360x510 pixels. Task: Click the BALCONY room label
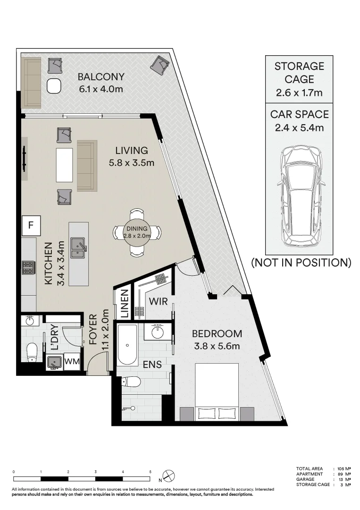tap(101, 77)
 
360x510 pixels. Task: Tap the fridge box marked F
tap(31, 225)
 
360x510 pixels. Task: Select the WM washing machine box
tap(71, 361)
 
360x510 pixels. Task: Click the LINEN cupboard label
tap(125, 304)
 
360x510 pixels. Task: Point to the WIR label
tap(158, 301)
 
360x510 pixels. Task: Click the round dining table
tap(137, 232)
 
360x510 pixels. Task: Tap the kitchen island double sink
tap(78, 247)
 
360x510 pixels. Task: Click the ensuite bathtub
tap(127, 345)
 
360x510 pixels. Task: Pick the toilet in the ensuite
tap(131, 381)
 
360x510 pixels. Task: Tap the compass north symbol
tap(169, 476)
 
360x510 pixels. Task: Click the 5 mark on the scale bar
tap(150, 472)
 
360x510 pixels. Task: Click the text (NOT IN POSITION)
tap(301, 263)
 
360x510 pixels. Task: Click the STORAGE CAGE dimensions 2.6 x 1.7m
tap(299, 93)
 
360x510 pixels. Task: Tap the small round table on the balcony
tap(54, 86)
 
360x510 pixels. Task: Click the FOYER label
tap(93, 329)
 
